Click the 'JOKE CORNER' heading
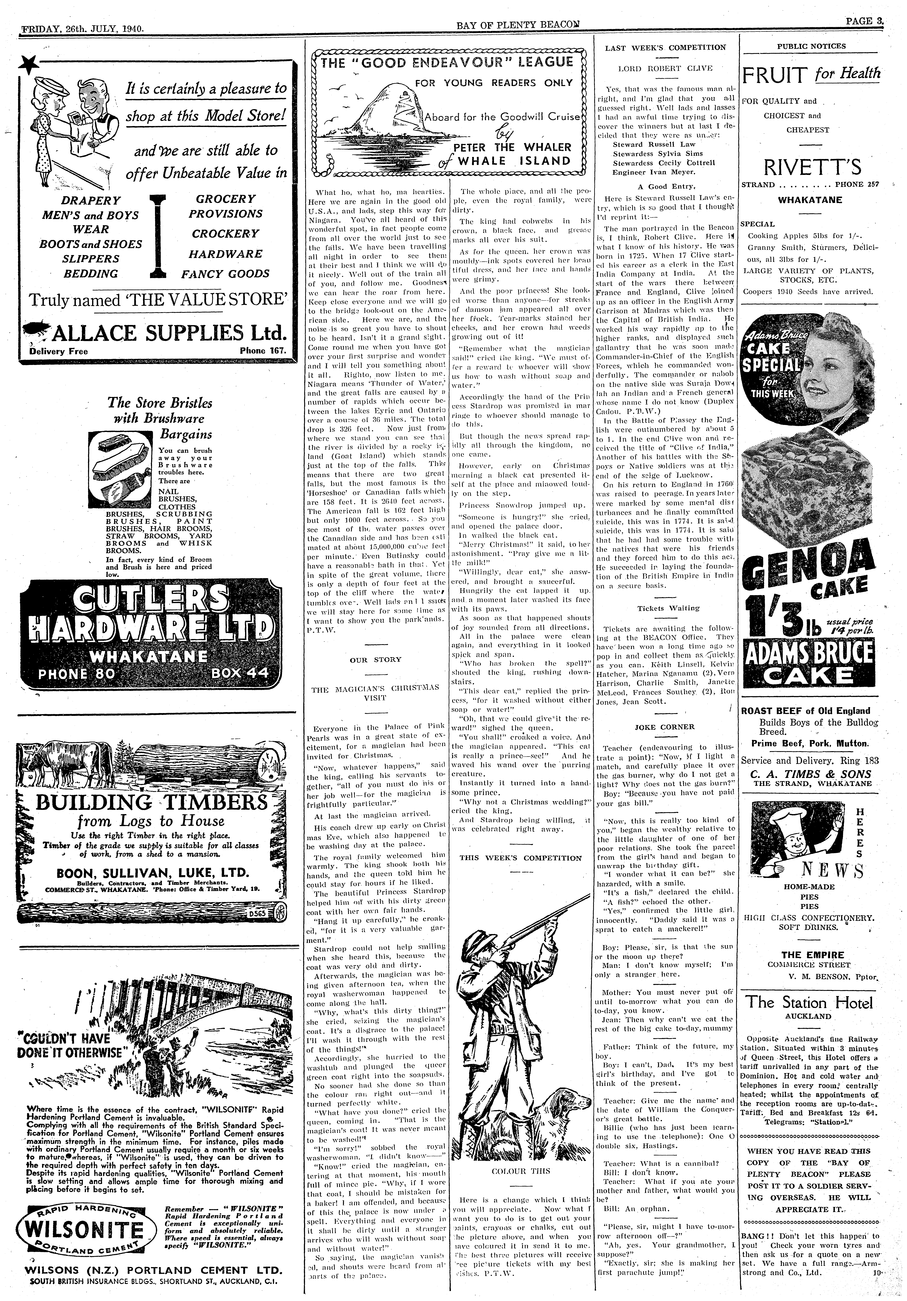click(x=665, y=726)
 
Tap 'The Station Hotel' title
click(x=809, y=1002)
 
